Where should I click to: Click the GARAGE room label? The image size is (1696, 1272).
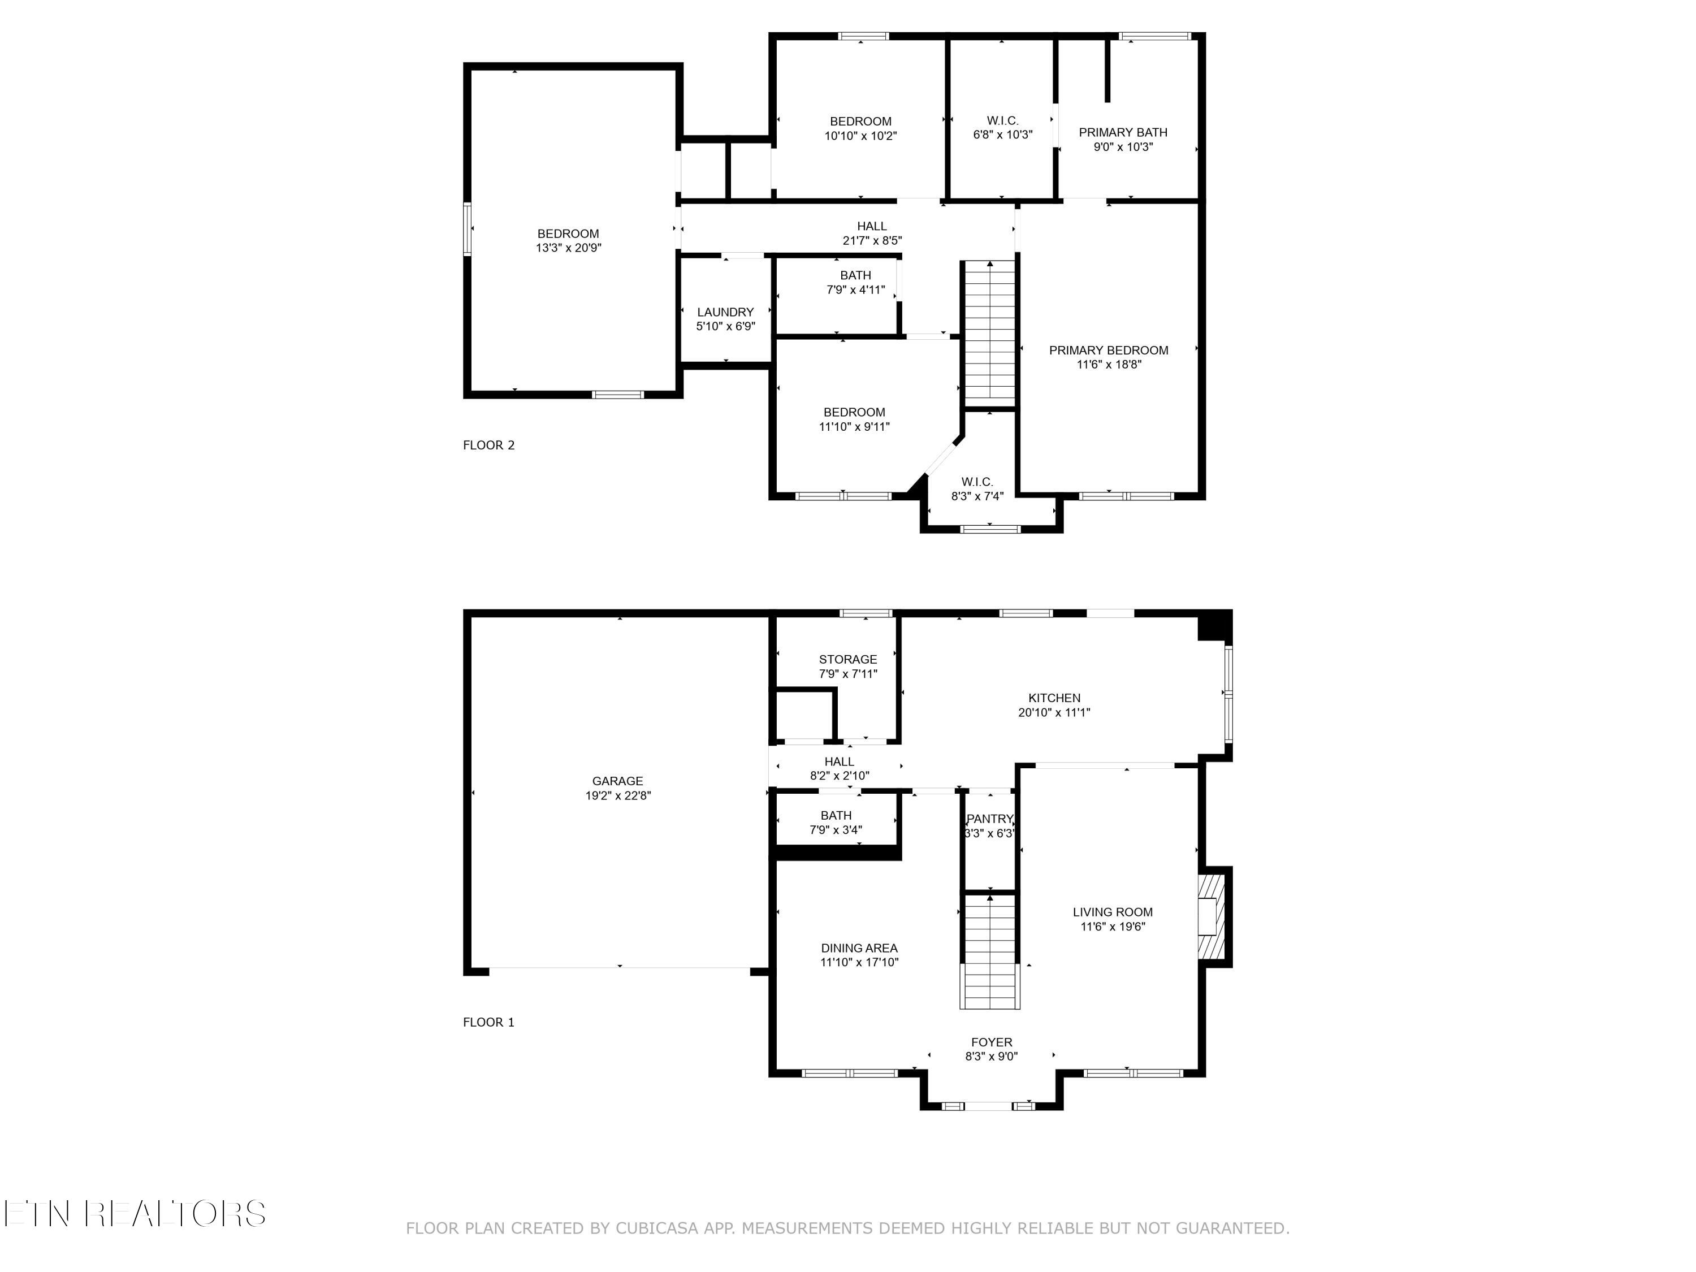[617, 781]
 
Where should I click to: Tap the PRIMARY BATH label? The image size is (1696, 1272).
[1123, 133]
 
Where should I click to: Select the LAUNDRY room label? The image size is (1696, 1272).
[725, 312]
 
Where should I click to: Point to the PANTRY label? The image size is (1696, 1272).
[990, 819]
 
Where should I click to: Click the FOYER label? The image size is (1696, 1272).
[992, 1042]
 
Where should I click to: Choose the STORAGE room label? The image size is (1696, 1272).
[847, 659]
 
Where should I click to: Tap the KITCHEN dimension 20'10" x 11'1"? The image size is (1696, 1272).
[1054, 712]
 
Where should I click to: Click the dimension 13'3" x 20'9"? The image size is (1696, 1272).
[568, 248]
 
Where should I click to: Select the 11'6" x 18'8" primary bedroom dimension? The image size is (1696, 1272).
[1109, 364]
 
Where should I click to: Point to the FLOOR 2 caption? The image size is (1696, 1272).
[488, 445]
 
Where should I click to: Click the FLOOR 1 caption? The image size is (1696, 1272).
[488, 1022]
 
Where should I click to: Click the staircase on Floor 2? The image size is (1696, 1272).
[990, 331]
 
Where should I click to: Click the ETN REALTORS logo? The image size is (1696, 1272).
[135, 1214]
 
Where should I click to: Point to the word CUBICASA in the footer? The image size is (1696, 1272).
[656, 1228]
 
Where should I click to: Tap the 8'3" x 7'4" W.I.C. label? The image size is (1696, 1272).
[977, 488]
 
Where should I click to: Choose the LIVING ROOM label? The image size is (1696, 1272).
[1113, 912]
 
